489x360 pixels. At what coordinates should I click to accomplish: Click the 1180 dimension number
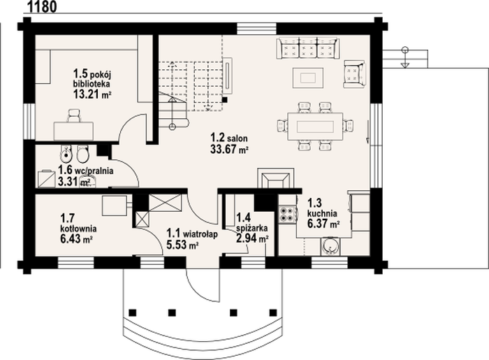pyautogui.click(x=43, y=6)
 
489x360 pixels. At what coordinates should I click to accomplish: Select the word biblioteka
pyautogui.click(x=92, y=84)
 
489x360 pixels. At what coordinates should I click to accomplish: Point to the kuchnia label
pyautogui.click(x=322, y=214)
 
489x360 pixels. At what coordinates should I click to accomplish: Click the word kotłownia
pyautogui.click(x=78, y=229)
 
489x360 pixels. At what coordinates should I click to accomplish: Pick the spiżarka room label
pyautogui.click(x=251, y=229)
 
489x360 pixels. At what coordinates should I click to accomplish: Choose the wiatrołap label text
pyautogui.click(x=200, y=234)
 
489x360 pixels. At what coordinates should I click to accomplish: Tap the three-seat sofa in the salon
pyautogui.click(x=308, y=48)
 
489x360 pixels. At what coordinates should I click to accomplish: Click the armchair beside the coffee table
pyautogui.click(x=354, y=74)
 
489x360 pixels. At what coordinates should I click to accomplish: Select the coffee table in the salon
pyautogui.click(x=308, y=78)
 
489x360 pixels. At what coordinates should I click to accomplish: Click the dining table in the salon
pyautogui.click(x=315, y=127)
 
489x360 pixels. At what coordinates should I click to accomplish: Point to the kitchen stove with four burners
pyautogui.click(x=287, y=214)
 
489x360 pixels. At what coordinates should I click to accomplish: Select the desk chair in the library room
pyautogui.click(x=73, y=115)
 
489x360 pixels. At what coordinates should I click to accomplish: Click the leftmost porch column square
pyautogui.click(x=132, y=312)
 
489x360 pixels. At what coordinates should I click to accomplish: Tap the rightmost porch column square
pyautogui.click(x=273, y=312)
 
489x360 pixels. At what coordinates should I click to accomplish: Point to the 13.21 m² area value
pyautogui.click(x=92, y=94)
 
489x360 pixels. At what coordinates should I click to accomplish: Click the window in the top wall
pyautogui.click(x=256, y=29)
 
